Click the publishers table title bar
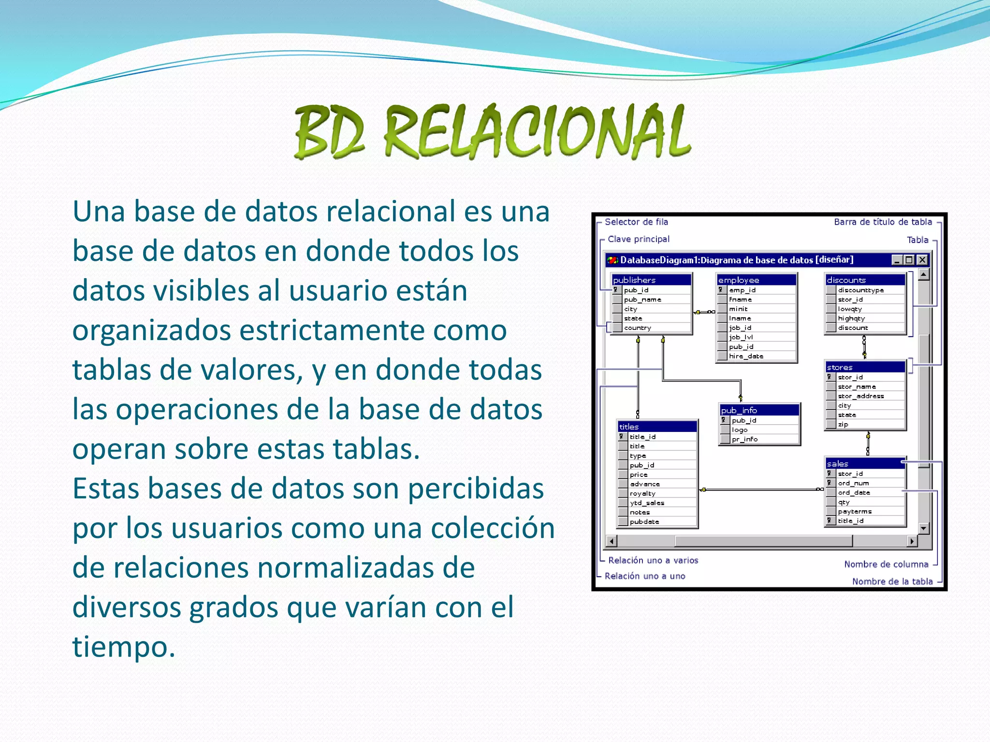coord(651,280)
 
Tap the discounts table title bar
coord(864,280)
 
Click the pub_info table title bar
coord(759,410)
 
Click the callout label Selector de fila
coord(636,222)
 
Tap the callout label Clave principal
coord(638,239)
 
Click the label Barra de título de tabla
coord(883,222)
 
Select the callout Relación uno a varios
coord(653,560)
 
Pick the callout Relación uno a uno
coord(645,576)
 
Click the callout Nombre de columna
coord(886,564)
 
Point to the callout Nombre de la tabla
coord(892,582)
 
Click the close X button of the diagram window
coord(922,260)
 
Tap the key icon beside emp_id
coord(721,290)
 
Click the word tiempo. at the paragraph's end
coord(124,647)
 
